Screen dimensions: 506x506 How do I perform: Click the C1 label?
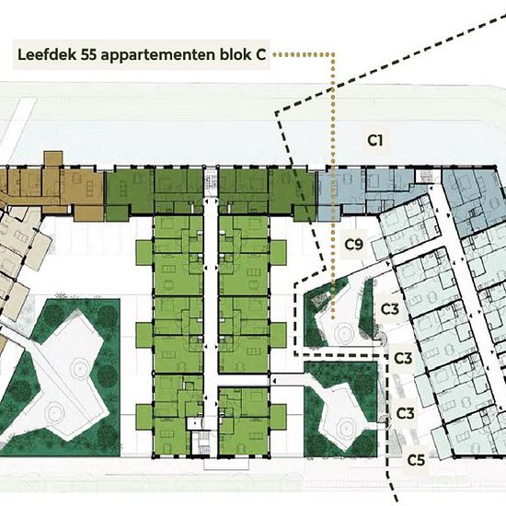click(x=375, y=141)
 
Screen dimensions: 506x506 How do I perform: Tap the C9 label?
click(x=354, y=245)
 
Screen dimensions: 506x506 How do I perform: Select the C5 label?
click(x=416, y=460)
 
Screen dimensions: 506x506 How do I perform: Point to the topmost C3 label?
click(x=390, y=309)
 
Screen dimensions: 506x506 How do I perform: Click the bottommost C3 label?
click(x=406, y=413)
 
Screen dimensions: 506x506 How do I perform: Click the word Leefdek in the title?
click(x=47, y=55)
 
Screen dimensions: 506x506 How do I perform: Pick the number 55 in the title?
click(x=89, y=55)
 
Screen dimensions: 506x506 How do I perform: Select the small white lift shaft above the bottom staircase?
click(x=195, y=423)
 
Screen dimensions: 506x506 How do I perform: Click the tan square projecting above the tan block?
click(x=53, y=159)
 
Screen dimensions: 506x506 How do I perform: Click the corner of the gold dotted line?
click(x=333, y=55)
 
